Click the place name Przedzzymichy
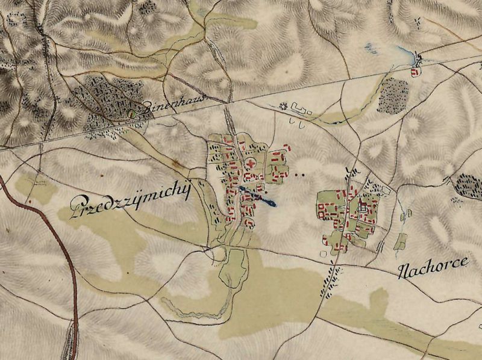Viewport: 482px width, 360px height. point(131,201)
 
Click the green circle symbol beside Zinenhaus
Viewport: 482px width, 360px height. point(133,113)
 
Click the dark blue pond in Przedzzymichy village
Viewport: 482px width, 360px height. point(258,197)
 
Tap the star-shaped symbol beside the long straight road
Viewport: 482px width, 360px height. point(281,107)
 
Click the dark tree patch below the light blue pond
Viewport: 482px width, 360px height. point(393,95)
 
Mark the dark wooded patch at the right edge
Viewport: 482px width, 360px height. point(469,183)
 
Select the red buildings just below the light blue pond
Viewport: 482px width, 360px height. point(414,72)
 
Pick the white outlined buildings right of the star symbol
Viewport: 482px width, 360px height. point(300,110)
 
